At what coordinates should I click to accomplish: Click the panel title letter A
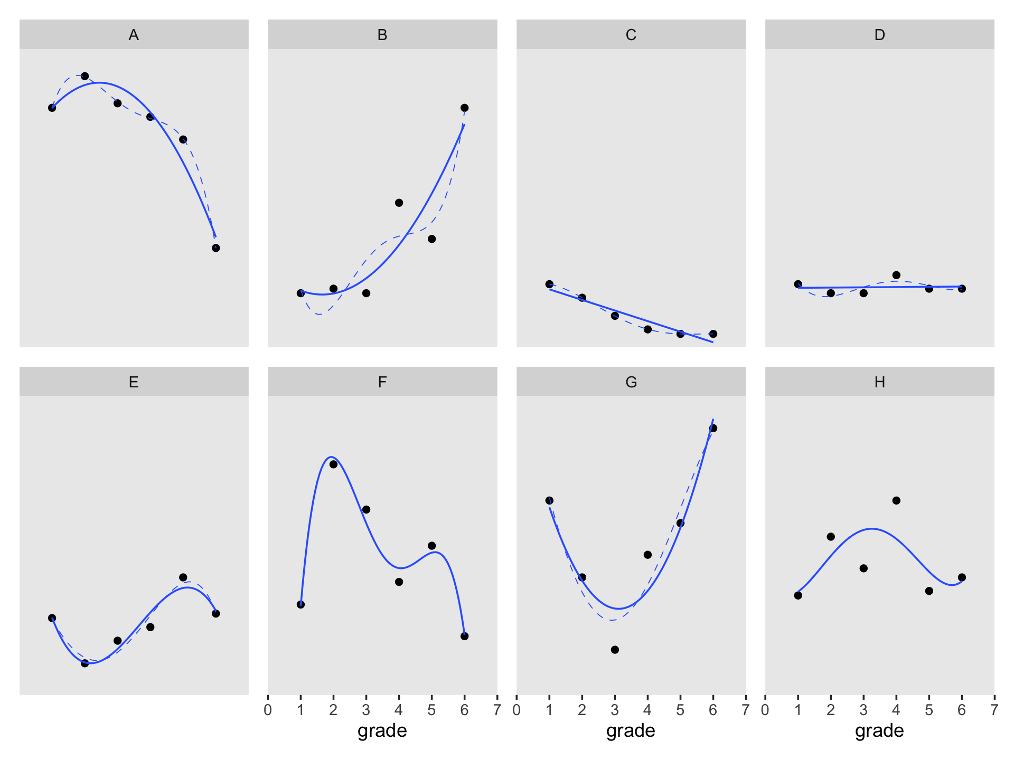point(134,35)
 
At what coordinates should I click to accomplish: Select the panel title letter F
point(382,382)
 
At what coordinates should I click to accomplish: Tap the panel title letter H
point(879,382)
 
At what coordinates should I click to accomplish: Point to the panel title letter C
point(631,35)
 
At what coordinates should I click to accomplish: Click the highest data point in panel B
point(464,108)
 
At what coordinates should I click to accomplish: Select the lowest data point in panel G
point(615,650)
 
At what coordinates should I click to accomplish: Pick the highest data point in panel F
point(333,464)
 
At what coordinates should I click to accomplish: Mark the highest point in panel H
point(896,500)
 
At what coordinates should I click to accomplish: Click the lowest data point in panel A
point(215,248)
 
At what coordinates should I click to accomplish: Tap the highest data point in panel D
point(896,275)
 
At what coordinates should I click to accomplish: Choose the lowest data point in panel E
point(84,663)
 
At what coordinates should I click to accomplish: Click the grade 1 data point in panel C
point(549,284)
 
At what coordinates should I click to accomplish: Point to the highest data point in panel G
point(713,428)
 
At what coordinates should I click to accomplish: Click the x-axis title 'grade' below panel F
point(382,730)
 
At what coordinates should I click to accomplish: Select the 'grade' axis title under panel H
point(879,730)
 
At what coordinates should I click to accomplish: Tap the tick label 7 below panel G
point(746,710)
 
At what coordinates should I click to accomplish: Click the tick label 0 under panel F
point(268,710)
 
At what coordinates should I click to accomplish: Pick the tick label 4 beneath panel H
point(896,710)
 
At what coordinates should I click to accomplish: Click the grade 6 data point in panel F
point(464,636)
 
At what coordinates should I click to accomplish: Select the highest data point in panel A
point(84,77)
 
